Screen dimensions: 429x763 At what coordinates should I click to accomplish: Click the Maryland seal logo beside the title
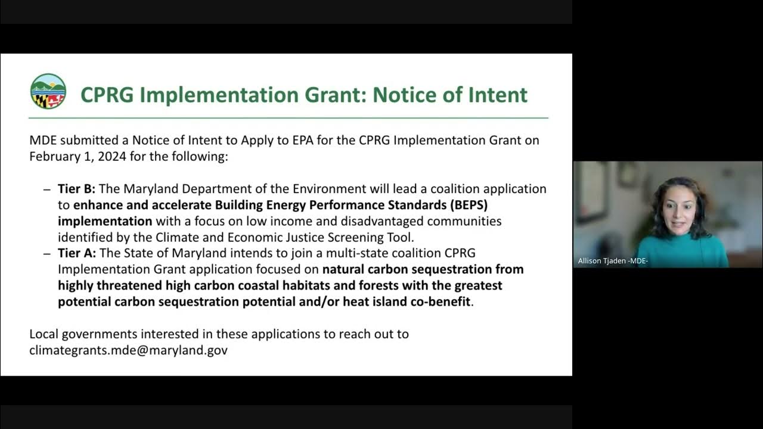click(x=48, y=91)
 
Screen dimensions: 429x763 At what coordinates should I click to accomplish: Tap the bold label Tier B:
click(x=76, y=189)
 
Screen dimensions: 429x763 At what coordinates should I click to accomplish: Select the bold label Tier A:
click(x=76, y=253)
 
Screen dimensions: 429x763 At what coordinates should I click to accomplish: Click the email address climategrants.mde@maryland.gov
click(x=128, y=350)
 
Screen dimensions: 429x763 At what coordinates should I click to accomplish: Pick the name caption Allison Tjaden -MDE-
click(x=613, y=261)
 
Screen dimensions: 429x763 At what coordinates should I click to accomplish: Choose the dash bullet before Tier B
click(x=47, y=189)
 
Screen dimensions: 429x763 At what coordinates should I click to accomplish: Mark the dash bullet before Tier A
click(x=47, y=253)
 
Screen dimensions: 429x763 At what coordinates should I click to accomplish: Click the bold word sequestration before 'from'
click(x=454, y=269)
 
